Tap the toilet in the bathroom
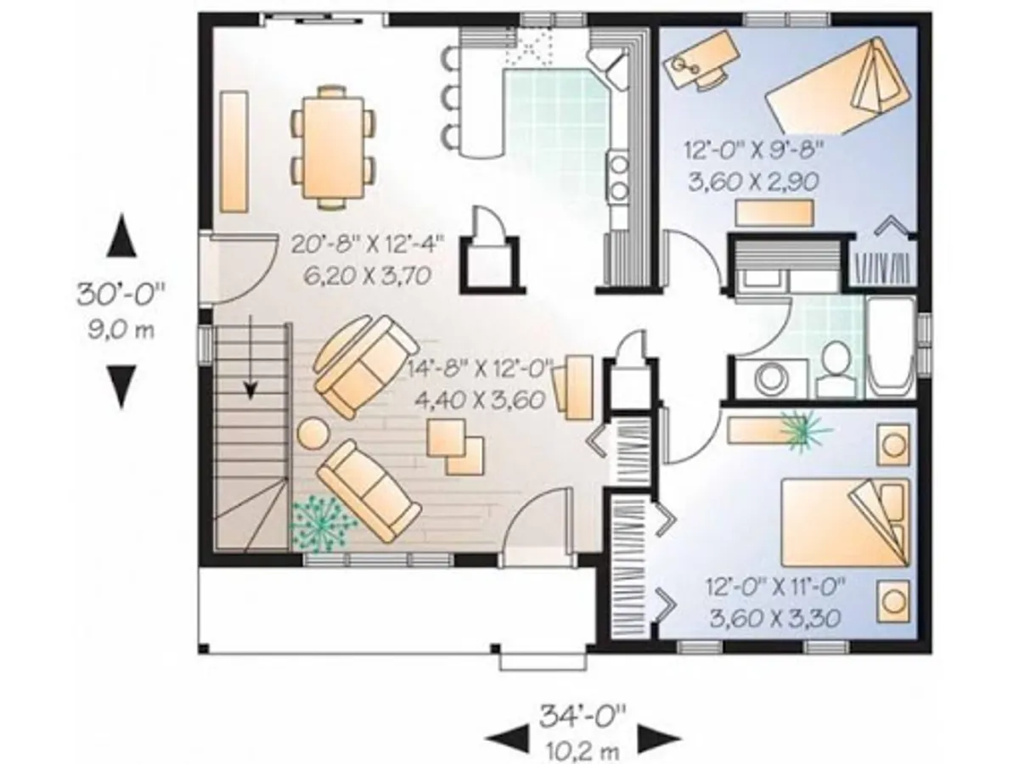[x=836, y=370]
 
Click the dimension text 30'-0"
[x=121, y=294]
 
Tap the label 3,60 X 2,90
[x=752, y=182]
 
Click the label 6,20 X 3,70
[x=367, y=276]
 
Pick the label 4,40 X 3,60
[x=479, y=399]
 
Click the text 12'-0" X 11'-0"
[x=774, y=587]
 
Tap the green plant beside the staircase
[x=322, y=524]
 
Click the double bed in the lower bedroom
[x=844, y=523]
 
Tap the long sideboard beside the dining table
[x=234, y=152]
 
